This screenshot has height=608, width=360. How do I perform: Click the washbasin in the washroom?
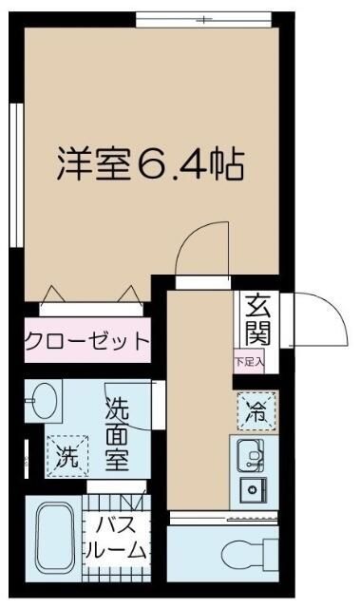[x=42, y=403]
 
